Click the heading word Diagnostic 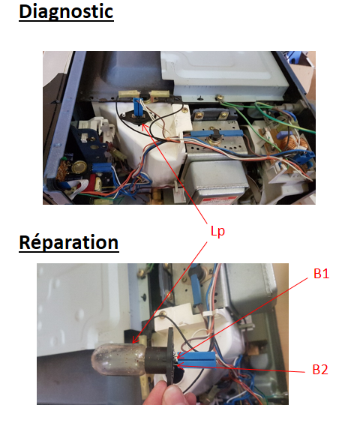66,12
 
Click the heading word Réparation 69,243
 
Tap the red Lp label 217,231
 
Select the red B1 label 321,274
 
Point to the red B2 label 320,370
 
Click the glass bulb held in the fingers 119,359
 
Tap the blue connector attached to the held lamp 197,360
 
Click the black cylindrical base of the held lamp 156,360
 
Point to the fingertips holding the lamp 169,394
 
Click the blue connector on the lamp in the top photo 137,108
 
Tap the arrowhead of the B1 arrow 179,355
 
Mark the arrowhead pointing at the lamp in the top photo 144,127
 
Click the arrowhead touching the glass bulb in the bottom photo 135,340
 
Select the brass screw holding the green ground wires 220,97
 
